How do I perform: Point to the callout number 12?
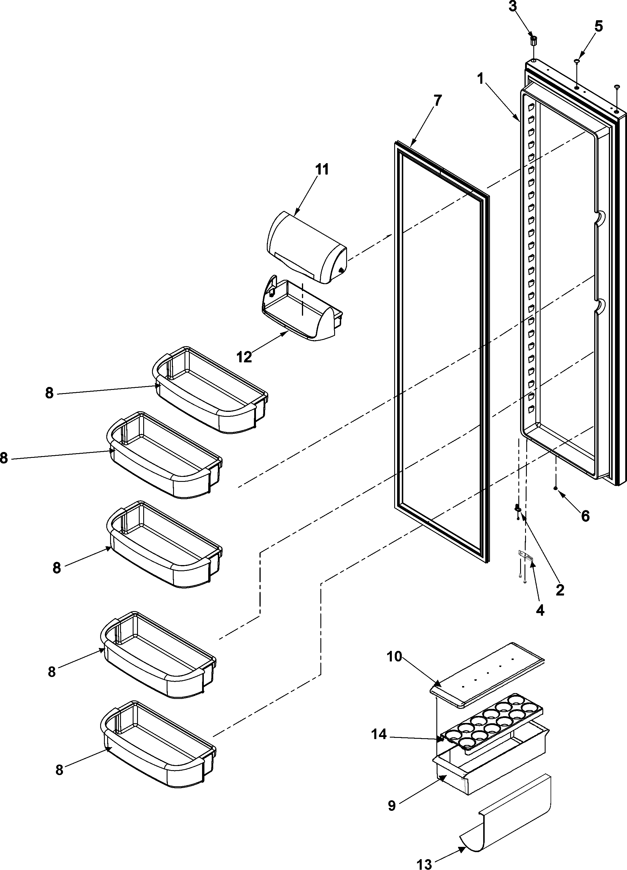tap(244, 357)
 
